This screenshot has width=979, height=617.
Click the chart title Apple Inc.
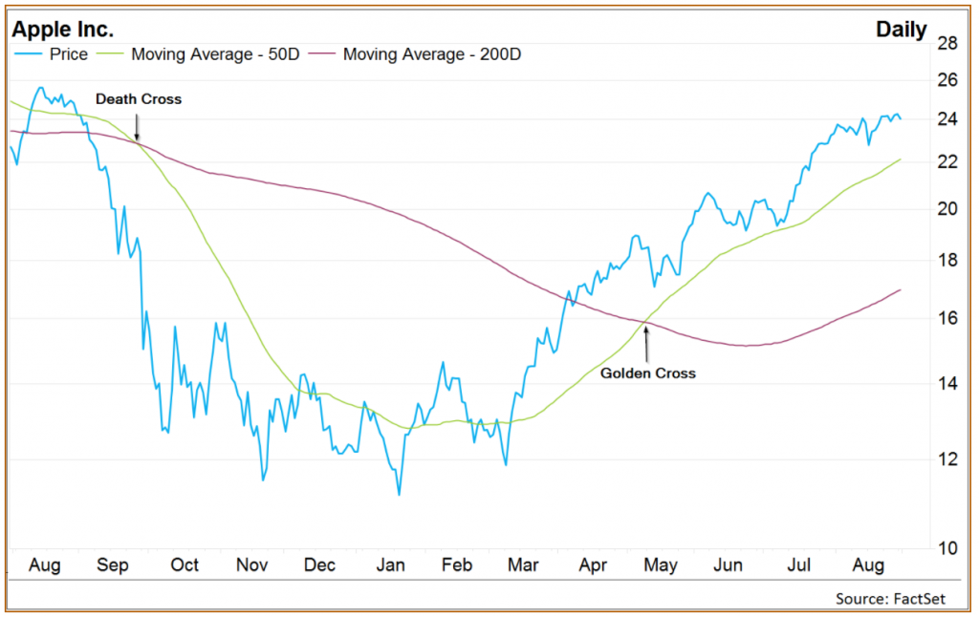(63, 30)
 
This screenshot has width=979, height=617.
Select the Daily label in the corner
(901, 30)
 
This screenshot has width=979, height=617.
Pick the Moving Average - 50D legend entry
(215, 54)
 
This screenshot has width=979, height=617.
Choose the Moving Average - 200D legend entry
(431, 54)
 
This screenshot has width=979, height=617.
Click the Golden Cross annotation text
(647, 373)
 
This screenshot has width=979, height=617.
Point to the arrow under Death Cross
(137, 127)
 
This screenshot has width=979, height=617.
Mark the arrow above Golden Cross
(647, 344)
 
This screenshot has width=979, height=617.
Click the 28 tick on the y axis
(947, 43)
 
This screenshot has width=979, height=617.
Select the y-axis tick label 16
(947, 318)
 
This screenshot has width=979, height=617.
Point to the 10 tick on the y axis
(947, 549)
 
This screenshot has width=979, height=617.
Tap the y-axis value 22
(947, 162)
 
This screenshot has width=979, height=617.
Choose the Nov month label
(252, 565)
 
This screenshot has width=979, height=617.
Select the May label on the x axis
(660, 565)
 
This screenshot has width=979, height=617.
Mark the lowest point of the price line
(398, 494)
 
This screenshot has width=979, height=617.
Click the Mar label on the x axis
(523, 565)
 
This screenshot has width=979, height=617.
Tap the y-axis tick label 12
(947, 459)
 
